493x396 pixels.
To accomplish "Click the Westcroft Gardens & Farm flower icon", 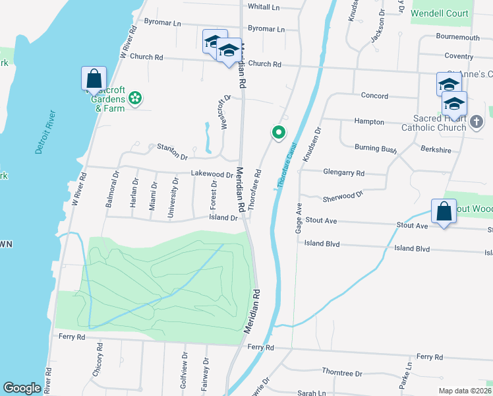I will pos(135,98).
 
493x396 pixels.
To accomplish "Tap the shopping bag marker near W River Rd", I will pos(94,78).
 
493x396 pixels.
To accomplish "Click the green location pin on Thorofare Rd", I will pos(279,133).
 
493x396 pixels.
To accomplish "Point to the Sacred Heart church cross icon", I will pos(477,121).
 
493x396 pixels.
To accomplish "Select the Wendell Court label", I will pos(440,13).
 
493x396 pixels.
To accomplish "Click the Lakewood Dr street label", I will pos(212,174).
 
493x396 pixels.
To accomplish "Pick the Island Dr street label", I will pos(223,217).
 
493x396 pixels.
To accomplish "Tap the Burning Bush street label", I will pos(376,148).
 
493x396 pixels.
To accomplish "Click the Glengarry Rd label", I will pos(343,173).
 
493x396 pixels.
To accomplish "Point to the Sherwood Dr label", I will pos(343,197).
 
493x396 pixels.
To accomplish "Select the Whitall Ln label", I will pos(264,7).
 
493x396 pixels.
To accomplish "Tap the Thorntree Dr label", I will pos(341,373).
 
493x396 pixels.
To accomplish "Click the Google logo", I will pos(22,388).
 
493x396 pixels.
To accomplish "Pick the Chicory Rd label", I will pos(100,359).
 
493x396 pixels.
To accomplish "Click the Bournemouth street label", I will pos(458,38).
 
